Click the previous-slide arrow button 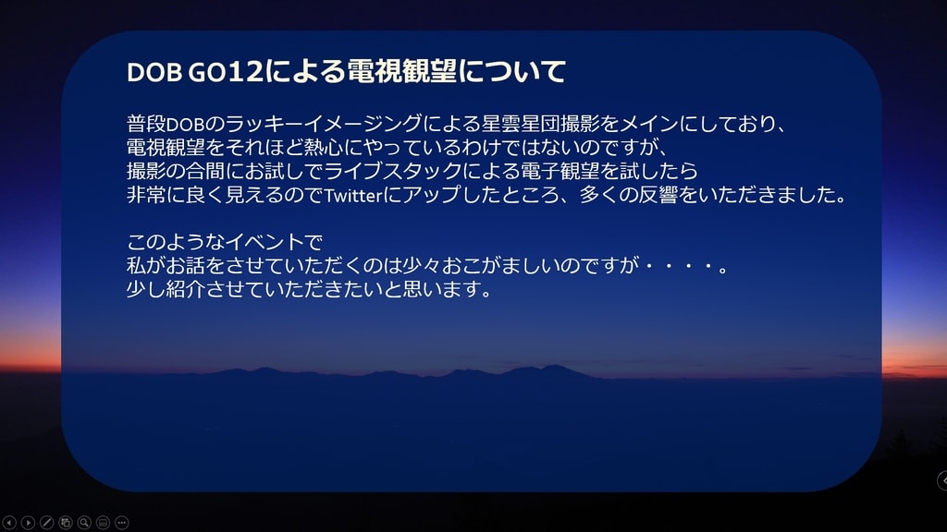click(x=9, y=523)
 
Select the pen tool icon click(x=46, y=523)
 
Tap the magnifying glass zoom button click(x=84, y=523)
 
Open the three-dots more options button click(x=121, y=523)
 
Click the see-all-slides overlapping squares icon click(x=66, y=523)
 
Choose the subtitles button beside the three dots click(x=103, y=523)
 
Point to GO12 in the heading click(x=226, y=72)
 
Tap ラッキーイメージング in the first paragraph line click(x=324, y=124)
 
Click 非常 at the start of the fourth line click(x=146, y=195)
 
